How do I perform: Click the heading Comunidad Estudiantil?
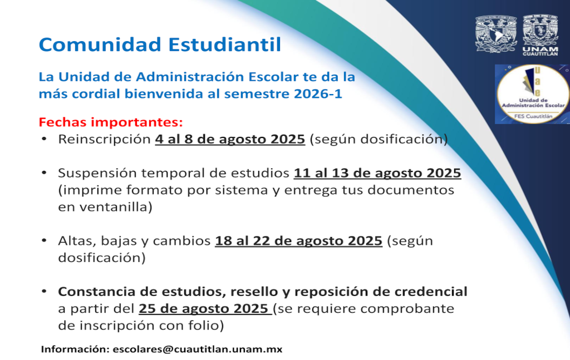[160, 45]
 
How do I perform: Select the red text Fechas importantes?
[111, 122]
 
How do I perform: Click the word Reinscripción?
[104, 139]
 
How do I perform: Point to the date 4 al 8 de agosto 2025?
[230, 139]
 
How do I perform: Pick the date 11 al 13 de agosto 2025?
[377, 173]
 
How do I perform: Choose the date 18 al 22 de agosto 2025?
[298, 240]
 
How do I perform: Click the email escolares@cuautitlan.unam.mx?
[198, 349]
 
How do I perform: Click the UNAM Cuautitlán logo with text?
[540, 36]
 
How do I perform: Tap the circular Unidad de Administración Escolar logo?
[533, 94]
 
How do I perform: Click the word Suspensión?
[97, 173]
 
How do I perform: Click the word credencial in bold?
[431, 292]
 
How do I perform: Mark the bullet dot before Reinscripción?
[44, 139]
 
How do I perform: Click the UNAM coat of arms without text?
[496, 34]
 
